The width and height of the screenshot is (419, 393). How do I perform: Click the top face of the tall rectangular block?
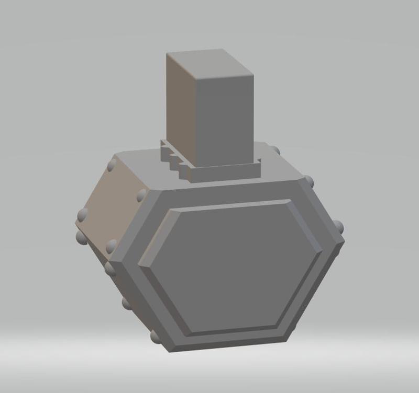click(210, 63)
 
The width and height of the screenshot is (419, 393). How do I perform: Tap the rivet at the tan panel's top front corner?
click(141, 196)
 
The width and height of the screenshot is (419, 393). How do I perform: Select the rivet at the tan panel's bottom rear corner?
click(82, 214)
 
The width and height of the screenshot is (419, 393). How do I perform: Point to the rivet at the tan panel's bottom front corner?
click(111, 246)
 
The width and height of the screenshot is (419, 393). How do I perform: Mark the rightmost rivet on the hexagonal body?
click(338, 227)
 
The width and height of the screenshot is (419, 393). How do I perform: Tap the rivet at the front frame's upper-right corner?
click(309, 181)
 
